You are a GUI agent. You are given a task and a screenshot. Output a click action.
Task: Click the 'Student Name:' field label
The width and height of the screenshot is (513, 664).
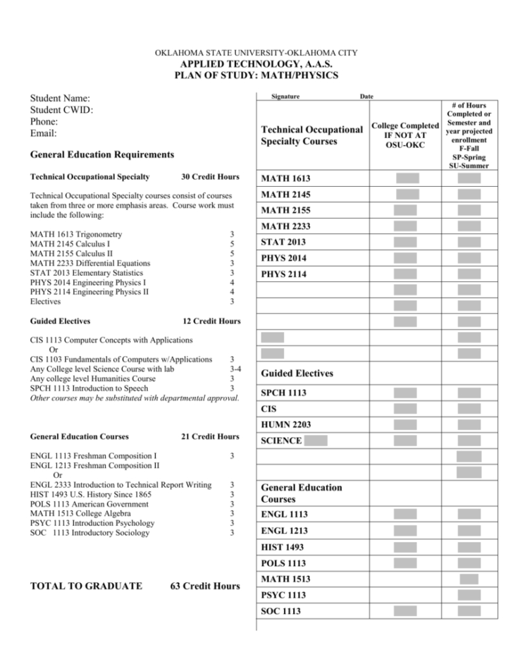click(60, 99)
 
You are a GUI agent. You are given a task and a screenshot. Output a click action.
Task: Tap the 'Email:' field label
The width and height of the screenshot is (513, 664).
click(44, 133)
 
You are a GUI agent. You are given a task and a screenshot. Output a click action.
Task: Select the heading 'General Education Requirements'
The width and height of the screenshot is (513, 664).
click(102, 154)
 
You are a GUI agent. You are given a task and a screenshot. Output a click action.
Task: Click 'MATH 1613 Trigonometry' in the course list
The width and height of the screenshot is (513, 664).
click(76, 234)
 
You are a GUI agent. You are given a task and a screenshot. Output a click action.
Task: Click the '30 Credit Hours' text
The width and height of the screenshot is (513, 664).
click(210, 177)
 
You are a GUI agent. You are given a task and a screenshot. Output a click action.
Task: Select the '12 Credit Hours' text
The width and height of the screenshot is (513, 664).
click(211, 321)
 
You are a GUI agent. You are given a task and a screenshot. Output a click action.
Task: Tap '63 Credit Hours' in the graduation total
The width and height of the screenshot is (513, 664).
click(204, 586)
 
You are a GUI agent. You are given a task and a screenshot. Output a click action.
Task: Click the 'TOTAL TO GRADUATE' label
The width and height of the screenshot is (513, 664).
click(86, 586)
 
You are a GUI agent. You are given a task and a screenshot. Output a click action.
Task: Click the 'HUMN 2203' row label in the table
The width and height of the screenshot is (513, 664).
click(285, 425)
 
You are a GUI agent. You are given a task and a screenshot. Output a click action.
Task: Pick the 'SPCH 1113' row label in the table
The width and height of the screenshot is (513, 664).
click(283, 393)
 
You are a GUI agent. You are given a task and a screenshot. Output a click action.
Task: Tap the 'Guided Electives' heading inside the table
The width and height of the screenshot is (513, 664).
click(297, 374)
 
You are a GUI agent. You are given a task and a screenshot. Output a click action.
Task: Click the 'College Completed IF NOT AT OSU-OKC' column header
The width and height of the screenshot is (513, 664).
click(405, 135)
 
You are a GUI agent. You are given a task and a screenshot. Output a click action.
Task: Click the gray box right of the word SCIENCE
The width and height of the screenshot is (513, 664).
click(316, 441)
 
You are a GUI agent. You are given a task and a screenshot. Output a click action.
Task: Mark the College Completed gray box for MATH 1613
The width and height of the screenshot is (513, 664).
click(407, 178)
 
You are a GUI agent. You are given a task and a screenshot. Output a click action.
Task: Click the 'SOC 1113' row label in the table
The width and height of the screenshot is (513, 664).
click(280, 611)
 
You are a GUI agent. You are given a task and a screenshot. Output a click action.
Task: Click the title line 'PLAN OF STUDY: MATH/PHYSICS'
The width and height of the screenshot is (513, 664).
click(256, 75)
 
